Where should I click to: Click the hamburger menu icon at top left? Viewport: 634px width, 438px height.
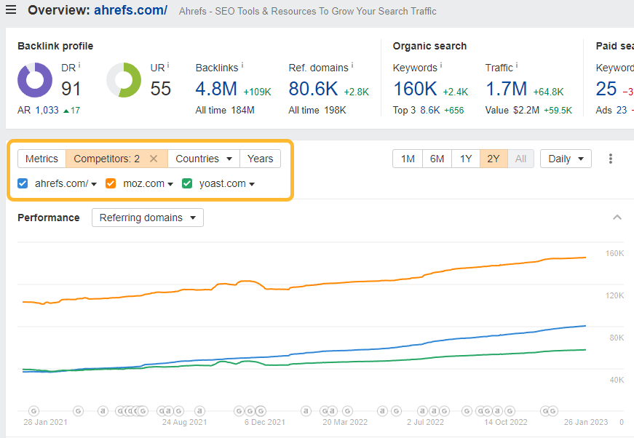(x=11, y=10)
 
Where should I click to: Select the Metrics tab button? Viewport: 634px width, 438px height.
(x=41, y=159)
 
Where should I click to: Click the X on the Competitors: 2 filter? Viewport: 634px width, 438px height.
(x=154, y=159)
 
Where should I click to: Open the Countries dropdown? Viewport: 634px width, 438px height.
(x=204, y=159)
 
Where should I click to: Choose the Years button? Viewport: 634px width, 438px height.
(x=260, y=159)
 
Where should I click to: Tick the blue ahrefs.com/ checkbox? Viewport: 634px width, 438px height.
(x=23, y=183)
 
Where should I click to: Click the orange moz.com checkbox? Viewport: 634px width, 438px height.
(x=111, y=183)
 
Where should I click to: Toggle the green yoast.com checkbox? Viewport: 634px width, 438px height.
(x=186, y=183)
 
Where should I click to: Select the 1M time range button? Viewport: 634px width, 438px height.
(x=408, y=159)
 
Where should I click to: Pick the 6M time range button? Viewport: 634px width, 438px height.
(x=437, y=159)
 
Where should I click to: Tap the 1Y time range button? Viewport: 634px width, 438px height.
(x=465, y=159)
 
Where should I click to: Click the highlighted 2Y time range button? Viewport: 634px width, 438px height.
(x=494, y=159)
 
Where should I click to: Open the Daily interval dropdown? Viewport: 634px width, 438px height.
(x=566, y=159)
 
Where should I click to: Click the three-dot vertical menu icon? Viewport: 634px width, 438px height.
(x=611, y=159)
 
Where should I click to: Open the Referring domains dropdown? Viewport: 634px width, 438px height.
(x=148, y=218)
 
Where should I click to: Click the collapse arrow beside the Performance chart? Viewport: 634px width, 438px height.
(x=617, y=218)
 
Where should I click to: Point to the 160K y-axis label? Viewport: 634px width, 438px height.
(x=614, y=253)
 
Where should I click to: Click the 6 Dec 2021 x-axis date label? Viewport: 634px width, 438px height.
(x=264, y=422)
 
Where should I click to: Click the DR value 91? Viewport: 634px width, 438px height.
(x=71, y=89)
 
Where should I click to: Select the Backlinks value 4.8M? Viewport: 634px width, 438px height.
(x=215, y=89)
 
